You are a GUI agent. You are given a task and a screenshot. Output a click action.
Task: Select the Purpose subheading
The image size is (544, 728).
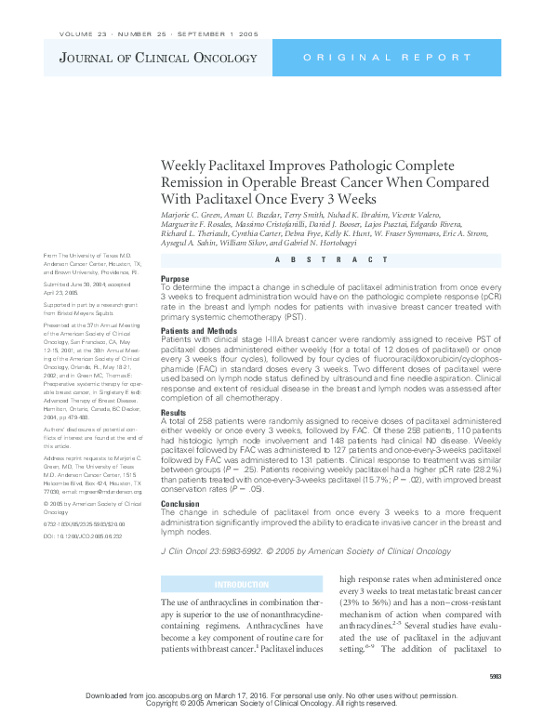click(x=175, y=278)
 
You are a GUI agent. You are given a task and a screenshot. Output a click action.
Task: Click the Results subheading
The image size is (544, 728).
click(x=174, y=411)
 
